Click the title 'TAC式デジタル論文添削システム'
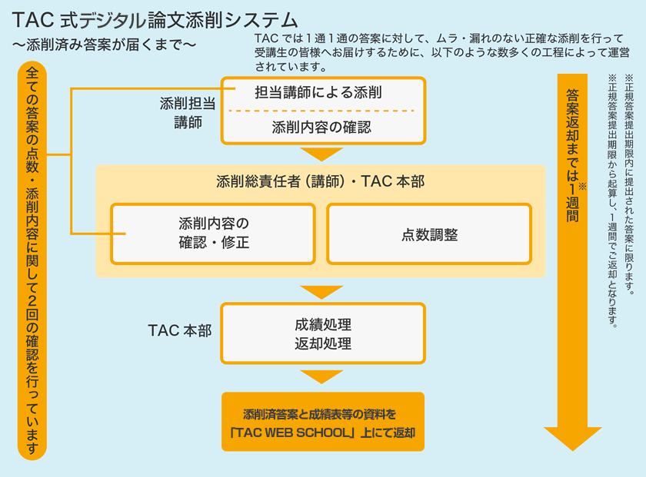coord(155,19)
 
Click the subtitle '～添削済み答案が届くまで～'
coord(104,45)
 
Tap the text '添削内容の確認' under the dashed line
coord(322,127)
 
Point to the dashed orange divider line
coord(322,111)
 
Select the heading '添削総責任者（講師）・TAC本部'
coord(321,182)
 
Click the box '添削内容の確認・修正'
coord(213,234)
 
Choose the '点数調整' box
coord(429,234)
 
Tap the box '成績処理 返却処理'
coord(322,333)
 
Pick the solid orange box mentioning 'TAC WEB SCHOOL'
coord(322,422)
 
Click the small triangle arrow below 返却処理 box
coord(321,376)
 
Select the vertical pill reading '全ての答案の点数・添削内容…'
coord(32,261)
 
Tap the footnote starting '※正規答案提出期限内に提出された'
coord(628,184)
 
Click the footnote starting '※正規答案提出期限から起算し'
coord(613,200)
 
